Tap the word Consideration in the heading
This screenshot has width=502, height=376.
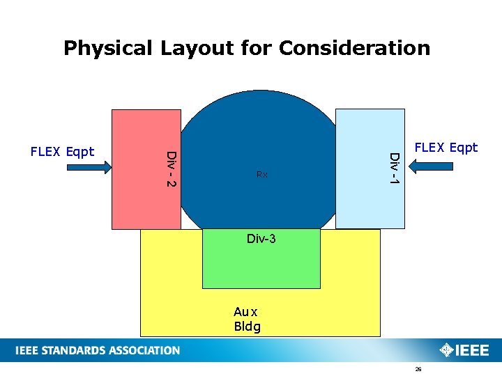click(x=354, y=48)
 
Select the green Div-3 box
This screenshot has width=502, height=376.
click(x=261, y=268)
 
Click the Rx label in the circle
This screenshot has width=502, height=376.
click(x=261, y=175)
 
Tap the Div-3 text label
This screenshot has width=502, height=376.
click(x=261, y=239)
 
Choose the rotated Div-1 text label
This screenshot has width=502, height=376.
click(x=394, y=169)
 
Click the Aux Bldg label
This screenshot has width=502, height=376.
click(x=247, y=320)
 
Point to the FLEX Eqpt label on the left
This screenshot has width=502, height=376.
click(x=62, y=152)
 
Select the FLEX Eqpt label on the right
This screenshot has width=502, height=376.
click(x=446, y=148)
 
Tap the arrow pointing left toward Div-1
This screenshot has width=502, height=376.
click(x=434, y=166)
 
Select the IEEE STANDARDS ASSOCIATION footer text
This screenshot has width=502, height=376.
click(x=98, y=350)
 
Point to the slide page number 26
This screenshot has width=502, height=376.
click(x=418, y=370)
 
